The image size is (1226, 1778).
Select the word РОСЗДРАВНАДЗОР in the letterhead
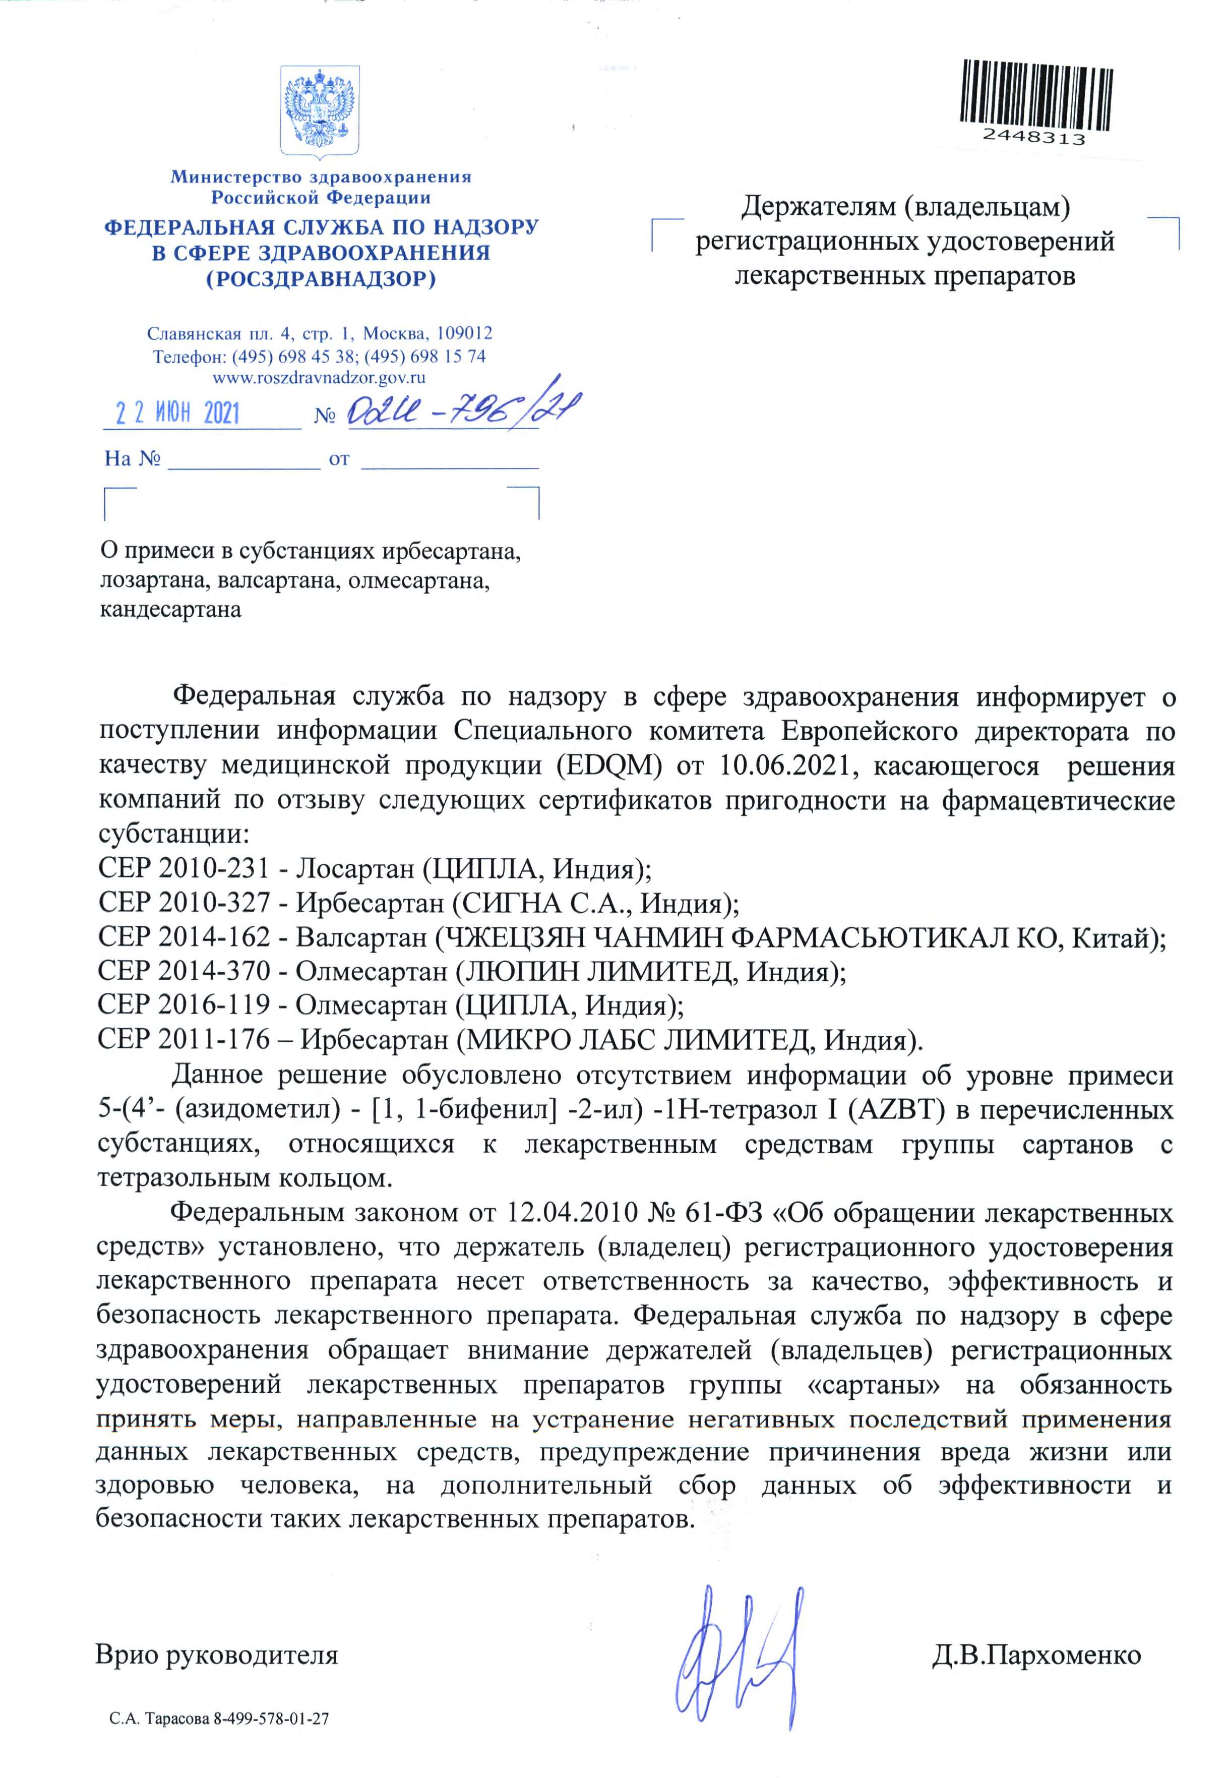point(321,279)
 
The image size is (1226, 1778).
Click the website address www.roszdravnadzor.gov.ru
point(320,377)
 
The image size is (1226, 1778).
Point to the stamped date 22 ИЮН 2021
point(178,414)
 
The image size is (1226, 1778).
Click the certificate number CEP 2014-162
point(183,936)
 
